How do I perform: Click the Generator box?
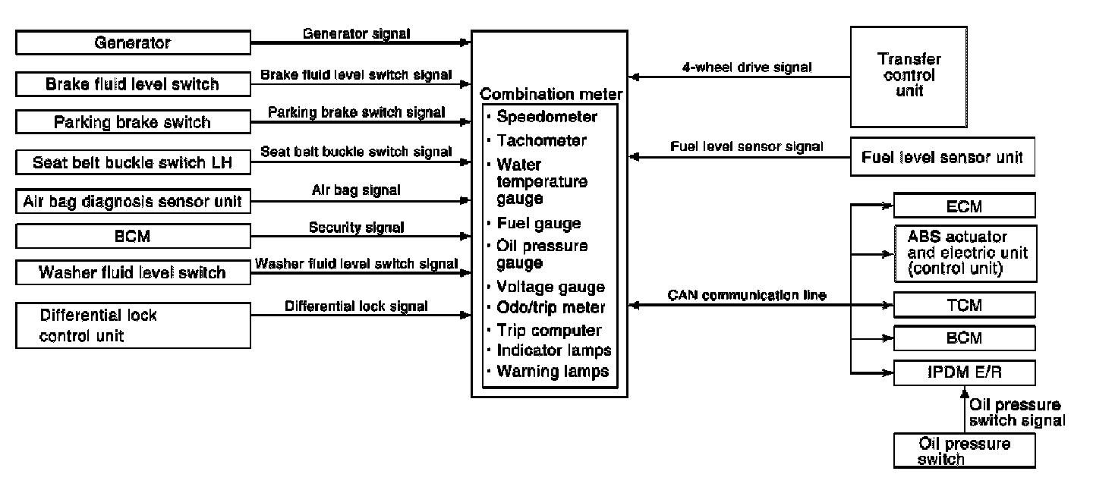[x=134, y=42]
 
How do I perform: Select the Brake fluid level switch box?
[x=134, y=84]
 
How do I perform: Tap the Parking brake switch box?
[x=134, y=122]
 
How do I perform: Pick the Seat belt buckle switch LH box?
[x=134, y=162]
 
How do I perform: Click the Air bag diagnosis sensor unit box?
[x=134, y=201]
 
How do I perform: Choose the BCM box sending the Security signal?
[x=134, y=237]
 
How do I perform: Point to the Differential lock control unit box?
[x=134, y=325]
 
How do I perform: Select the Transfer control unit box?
[x=909, y=77]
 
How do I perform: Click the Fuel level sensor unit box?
[x=942, y=157]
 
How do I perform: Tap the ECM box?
[x=964, y=206]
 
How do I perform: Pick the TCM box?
[x=964, y=305]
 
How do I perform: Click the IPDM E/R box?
[x=964, y=373]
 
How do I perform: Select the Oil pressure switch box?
[x=964, y=451]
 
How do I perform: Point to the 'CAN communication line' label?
[x=747, y=295]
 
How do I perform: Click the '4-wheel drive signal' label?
[x=747, y=68]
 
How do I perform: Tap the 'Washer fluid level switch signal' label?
[x=356, y=264]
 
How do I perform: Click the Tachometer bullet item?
[x=542, y=140]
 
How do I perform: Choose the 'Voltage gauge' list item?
[x=550, y=287]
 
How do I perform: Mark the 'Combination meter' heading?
[x=551, y=94]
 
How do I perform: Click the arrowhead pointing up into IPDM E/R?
[x=964, y=391]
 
